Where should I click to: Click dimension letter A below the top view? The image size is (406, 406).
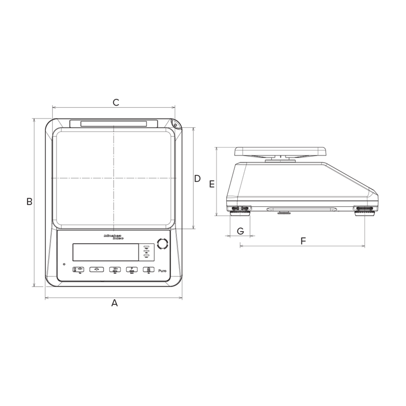click(x=114, y=303)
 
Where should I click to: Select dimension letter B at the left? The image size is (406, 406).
click(x=30, y=201)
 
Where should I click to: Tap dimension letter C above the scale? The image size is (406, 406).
click(x=116, y=103)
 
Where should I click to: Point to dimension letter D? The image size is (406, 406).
click(x=197, y=179)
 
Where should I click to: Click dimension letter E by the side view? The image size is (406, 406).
click(x=211, y=184)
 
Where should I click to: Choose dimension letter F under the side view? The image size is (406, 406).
click(x=303, y=241)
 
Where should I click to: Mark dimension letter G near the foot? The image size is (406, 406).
click(x=241, y=231)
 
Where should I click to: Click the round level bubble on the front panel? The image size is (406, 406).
click(x=162, y=244)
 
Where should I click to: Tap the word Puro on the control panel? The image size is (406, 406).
click(x=162, y=271)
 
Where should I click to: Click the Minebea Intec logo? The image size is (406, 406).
click(x=113, y=237)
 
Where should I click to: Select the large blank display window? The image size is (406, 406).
click(x=106, y=252)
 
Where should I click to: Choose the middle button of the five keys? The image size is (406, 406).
click(x=115, y=270)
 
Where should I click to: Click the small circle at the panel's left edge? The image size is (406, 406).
click(x=64, y=264)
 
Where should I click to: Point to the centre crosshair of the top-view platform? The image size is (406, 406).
click(x=113, y=178)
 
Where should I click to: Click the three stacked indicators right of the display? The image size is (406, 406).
click(x=146, y=252)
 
